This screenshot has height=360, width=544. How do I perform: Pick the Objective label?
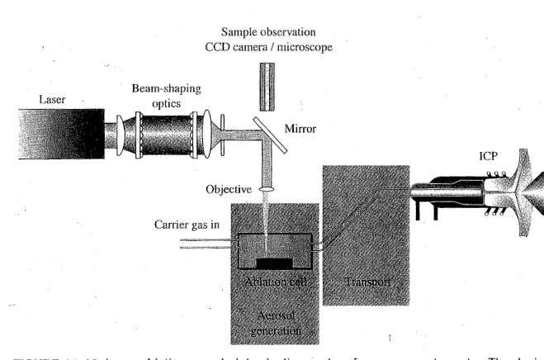(x=228, y=189)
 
